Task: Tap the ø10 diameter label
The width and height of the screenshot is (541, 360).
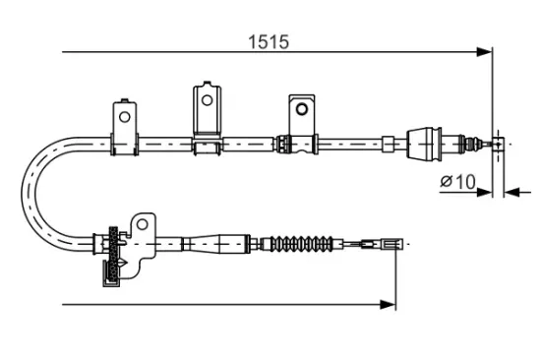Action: tap(459, 181)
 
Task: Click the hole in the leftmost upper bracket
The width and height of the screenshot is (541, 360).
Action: tap(125, 115)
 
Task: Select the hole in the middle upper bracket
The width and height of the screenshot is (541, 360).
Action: tap(208, 100)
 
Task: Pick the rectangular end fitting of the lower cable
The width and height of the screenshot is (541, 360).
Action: tap(391, 242)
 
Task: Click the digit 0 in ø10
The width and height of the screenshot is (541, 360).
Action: tap(470, 181)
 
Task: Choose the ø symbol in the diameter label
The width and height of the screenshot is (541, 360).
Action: tap(448, 182)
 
